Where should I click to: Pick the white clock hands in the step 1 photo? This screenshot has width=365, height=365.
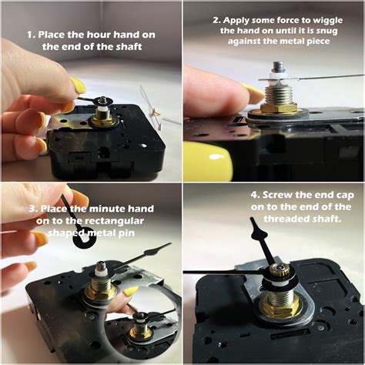(x=164, y=116)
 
